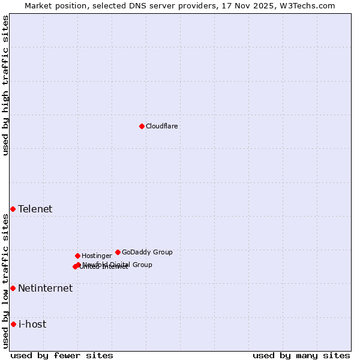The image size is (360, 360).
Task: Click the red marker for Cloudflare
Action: [142, 126]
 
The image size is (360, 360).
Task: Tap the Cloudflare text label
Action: [161, 127]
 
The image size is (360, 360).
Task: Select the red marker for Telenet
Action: [13, 209]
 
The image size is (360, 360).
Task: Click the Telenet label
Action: [35, 209]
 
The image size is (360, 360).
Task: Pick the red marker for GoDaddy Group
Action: [118, 252]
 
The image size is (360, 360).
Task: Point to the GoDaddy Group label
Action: [147, 253]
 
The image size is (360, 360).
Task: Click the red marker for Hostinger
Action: [77, 256]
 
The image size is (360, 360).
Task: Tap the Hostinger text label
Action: [97, 256]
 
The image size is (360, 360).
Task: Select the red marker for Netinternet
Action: [13, 288]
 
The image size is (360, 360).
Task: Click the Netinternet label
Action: [45, 289]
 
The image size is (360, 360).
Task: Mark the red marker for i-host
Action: [13, 324]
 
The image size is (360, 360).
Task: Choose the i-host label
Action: [32, 325]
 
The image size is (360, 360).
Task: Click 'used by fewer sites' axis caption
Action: [62, 356]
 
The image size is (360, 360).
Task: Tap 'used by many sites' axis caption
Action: [301, 356]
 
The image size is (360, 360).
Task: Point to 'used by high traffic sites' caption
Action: [6, 85]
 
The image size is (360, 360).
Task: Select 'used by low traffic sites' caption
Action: [6, 281]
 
